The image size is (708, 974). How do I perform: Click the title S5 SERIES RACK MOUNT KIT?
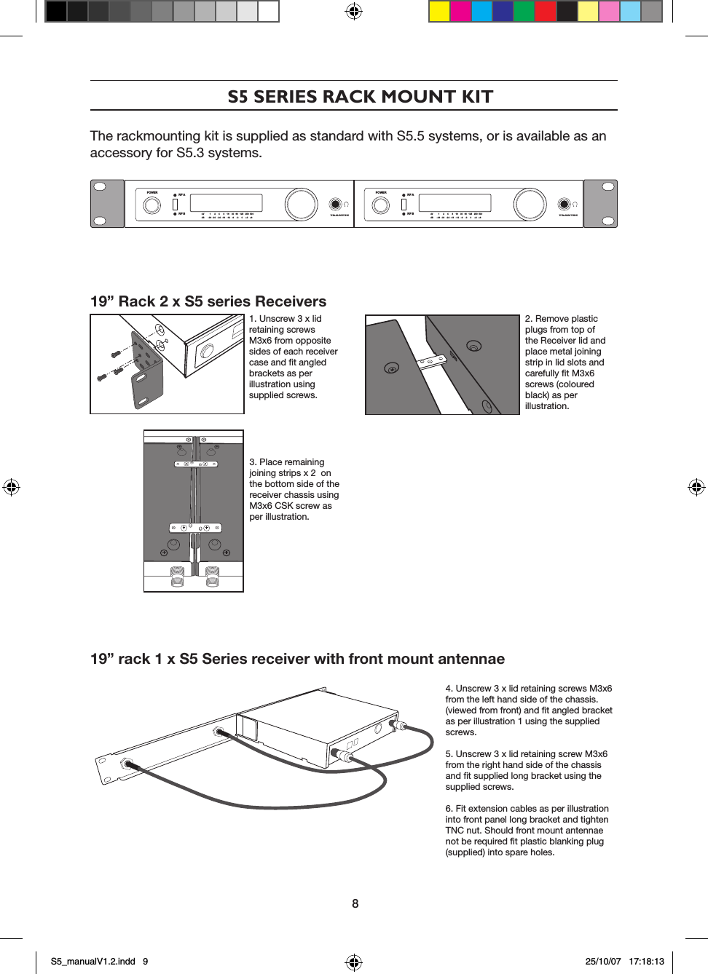point(360,97)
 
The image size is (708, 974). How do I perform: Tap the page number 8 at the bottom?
point(355,903)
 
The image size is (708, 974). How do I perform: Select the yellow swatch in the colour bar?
point(439,12)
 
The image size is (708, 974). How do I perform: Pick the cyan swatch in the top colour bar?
point(481,12)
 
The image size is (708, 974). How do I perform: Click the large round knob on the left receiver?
point(301,205)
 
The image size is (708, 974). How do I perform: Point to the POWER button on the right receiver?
point(381,205)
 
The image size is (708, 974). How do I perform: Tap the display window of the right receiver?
point(455,203)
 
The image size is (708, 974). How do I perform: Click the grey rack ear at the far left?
point(107,204)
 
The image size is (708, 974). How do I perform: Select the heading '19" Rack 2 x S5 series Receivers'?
point(208,301)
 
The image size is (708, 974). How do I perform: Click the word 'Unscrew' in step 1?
point(277,319)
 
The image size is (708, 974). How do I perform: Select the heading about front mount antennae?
point(297,659)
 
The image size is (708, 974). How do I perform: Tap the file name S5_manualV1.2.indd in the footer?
point(93,962)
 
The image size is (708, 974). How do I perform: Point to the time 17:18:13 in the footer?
point(646,962)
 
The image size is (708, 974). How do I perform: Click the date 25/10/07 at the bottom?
point(603,962)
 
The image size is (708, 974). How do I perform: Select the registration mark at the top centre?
point(353,11)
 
